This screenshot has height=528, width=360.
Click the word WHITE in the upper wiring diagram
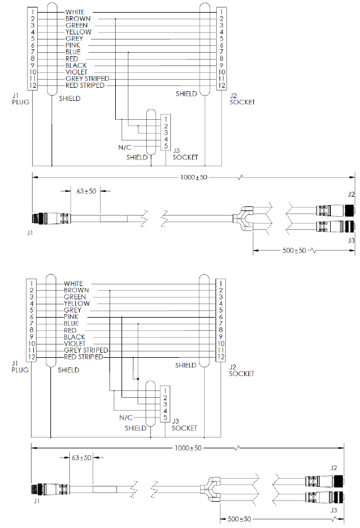click(x=75, y=11)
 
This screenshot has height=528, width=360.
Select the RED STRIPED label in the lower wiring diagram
click(x=83, y=357)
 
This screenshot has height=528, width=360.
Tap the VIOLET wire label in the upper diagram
click(x=76, y=72)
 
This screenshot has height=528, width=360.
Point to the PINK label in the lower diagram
click(x=71, y=317)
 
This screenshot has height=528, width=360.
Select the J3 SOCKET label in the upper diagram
click(x=185, y=154)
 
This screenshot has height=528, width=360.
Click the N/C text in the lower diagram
click(x=125, y=417)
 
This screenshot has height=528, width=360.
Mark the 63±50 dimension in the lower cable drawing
click(x=81, y=457)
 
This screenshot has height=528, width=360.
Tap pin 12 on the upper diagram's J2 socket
click(x=221, y=85)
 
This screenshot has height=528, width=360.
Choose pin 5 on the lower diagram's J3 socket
click(x=165, y=418)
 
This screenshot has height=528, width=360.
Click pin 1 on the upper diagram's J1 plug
click(x=33, y=11)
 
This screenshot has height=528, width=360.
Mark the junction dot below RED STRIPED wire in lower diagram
click(x=137, y=378)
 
